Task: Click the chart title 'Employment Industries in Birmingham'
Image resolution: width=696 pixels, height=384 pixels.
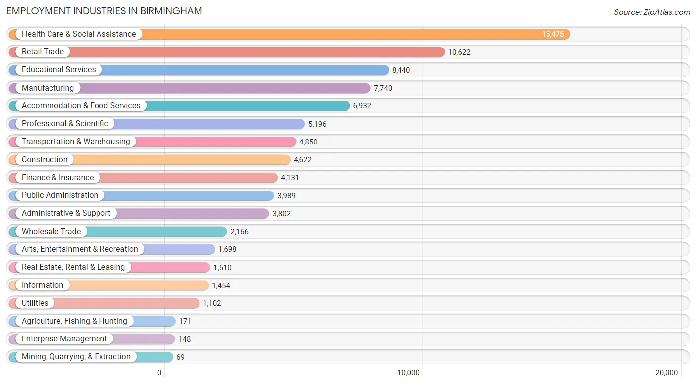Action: click(x=104, y=11)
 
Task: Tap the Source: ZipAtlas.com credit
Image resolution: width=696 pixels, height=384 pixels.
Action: click(x=652, y=12)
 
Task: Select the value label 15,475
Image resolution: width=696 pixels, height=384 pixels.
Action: click(x=552, y=34)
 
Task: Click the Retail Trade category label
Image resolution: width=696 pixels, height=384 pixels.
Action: click(x=43, y=51)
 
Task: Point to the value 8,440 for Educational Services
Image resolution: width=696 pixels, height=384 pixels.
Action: click(x=401, y=70)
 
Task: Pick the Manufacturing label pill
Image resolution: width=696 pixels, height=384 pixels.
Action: click(x=48, y=88)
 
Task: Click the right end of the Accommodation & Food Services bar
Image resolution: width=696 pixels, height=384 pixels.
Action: click(x=349, y=106)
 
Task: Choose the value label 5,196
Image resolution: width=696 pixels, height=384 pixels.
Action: click(x=317, y=124)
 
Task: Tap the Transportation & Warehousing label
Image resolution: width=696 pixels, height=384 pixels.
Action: click(x=76, y=142)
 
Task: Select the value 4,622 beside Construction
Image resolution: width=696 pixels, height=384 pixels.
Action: click(x=302, y=160)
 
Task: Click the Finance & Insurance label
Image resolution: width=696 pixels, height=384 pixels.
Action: click(x=57, y=177)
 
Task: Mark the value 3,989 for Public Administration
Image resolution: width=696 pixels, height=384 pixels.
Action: click(x=286, y=196)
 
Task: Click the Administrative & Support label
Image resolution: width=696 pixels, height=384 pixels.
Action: click(x=66, y=213)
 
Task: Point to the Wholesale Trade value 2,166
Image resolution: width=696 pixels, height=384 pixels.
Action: click(x=239, y=232)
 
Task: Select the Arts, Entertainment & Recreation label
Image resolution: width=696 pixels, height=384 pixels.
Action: click(x=80, y=249)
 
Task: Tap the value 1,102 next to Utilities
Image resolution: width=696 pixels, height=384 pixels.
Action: click(x=212, y=303)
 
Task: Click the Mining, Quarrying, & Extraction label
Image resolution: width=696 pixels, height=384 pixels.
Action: click(x=76, y=357)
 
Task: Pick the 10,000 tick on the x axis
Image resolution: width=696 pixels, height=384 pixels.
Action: click(x=408, y=373)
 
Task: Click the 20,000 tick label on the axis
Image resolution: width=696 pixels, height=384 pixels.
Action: click(x=666, y=373)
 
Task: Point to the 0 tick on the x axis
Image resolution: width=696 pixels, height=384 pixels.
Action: click(x=159, y=373)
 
